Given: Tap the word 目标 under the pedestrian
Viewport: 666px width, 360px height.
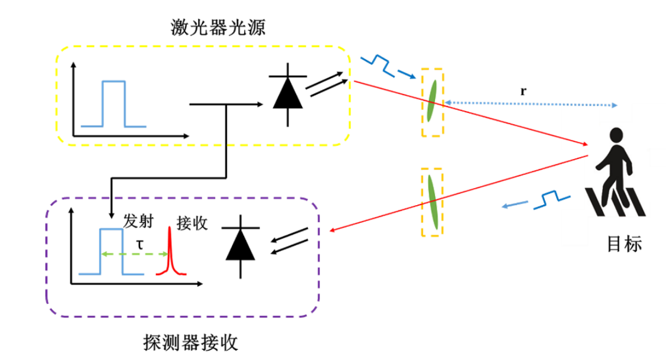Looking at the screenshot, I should coord(624,244).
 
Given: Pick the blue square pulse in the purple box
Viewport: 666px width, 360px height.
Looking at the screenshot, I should coord(111,251).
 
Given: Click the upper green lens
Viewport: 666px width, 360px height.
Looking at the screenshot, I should coord(432,100).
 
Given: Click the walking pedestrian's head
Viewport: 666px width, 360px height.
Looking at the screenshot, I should coord(616,134).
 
